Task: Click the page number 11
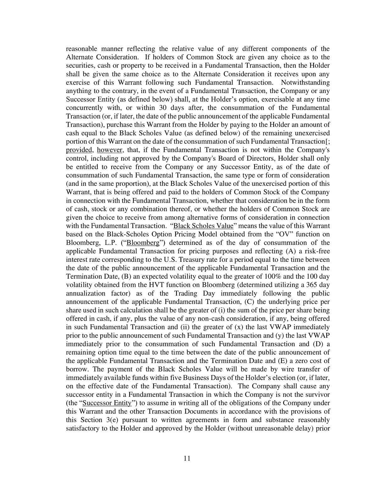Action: (x=187, y=458)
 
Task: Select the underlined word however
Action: (x=107, y=150)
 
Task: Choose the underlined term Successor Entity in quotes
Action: (x=107, y=403)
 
